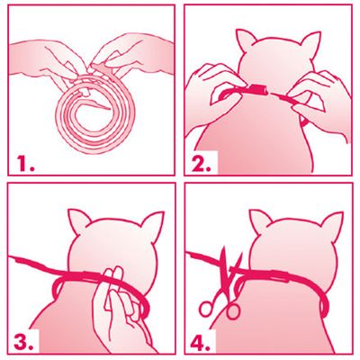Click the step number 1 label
[x=25, y=164]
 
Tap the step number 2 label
[x=202, y=164]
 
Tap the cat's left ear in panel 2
[x=245, y=41]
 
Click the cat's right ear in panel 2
[x=308, y=43]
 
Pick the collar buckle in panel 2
[x=257, y=89]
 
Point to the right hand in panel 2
[x=321, y=102]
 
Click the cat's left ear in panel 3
[x=78, y=221]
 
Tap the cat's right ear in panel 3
[x=152, y=223]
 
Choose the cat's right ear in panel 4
[x=332, y=223]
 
